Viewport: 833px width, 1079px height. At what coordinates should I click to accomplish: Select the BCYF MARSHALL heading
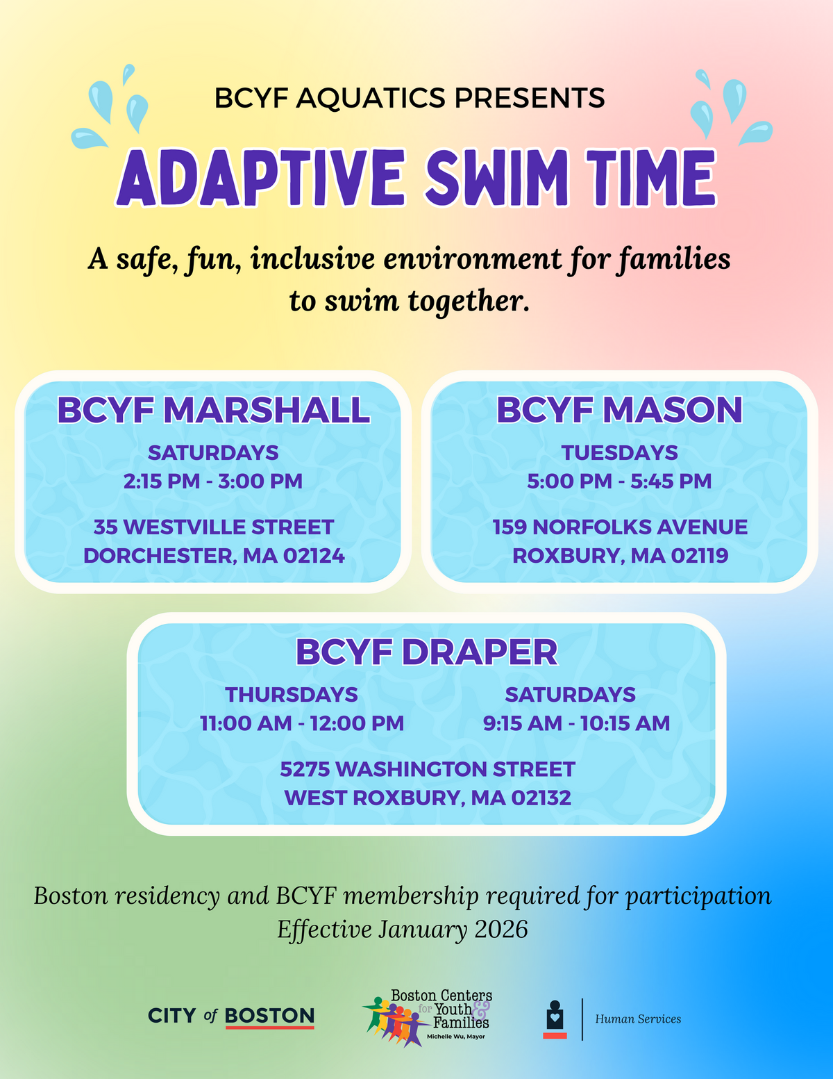pyautogui.click(x=213, y=410)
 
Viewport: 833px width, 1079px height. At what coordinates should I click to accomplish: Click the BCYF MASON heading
pyautogui.click(x=619, y=410)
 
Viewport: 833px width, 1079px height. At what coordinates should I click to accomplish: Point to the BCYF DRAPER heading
pyautogui.click(x=426, y=652)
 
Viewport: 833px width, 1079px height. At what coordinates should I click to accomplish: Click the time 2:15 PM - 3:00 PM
pyautogui.click(x=213, y=481)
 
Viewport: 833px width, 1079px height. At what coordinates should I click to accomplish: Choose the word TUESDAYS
pyautogui.click(x=619, y=453)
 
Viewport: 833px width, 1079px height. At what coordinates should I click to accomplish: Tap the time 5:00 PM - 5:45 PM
pyautogui.click(x=619, y=481)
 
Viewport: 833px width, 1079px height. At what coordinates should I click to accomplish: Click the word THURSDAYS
pyautogui.click(x=292, y=695)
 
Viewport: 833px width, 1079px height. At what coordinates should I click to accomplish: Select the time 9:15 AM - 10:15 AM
pyautogui.click(x=577, y=723)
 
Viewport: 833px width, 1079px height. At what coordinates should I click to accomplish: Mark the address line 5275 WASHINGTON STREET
pyautogui.click(x=428, y=769)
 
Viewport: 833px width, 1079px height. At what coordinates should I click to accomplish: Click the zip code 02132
pyautogui.click(x=541, y=798)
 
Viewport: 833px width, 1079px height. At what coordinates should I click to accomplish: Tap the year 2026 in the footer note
pyautogui.click(x=501, y=930)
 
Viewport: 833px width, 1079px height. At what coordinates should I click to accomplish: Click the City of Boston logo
pyautogui.click(x=231, y=1016)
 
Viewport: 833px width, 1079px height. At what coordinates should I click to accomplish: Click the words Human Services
pyautogui.click(x=638, y=1019)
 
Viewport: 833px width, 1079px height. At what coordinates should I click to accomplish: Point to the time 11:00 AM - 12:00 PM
pyautogui.click(x=302, y=723)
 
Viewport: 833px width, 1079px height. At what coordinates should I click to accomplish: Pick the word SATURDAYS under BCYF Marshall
pyautogui.click(x=213, y=453)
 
